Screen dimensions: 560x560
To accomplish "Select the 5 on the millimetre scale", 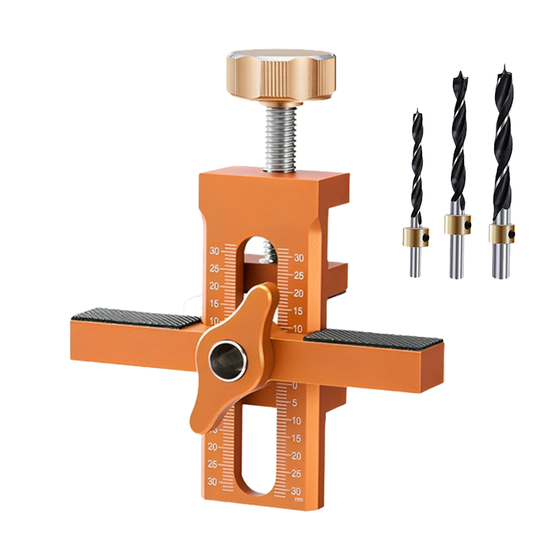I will click(295, 402).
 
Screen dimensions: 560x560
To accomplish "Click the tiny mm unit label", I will click(298, 499).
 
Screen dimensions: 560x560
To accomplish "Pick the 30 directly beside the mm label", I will click(297, 491).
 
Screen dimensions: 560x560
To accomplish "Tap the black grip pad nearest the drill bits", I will click(374, 336).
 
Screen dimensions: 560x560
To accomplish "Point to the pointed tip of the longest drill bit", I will click(503, 69).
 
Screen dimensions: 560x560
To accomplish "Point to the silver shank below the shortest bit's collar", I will click(415, 263).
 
